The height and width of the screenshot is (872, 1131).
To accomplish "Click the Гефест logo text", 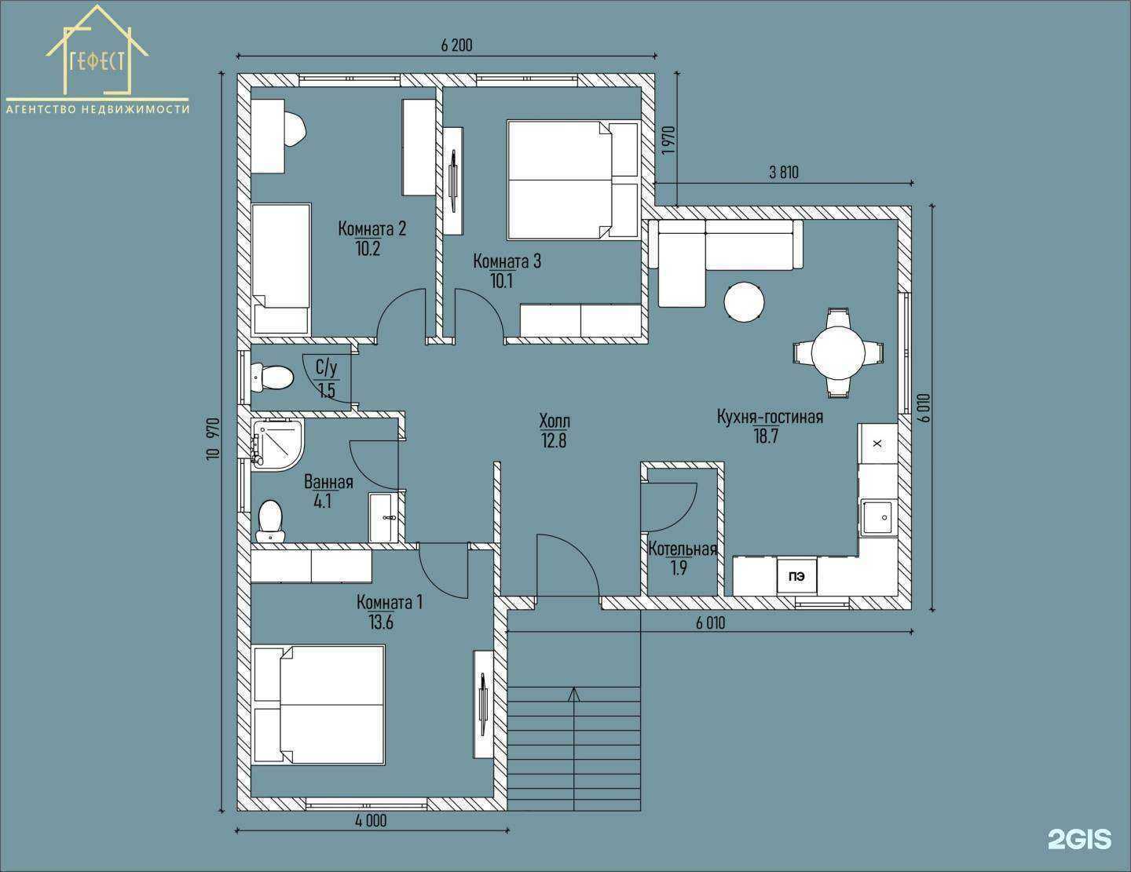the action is pyautogui.click(x=97, y=62).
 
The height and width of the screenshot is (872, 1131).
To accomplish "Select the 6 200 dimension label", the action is pyautogui.click(x=456, y=46).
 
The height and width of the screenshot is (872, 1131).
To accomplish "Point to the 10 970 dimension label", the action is pyautogui.click(x=214, y=438).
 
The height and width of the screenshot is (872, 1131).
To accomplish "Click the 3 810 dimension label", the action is pyautogui.click(x=783, y=172).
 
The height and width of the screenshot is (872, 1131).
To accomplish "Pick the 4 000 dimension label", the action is pyautogui.click(x=371, y=820).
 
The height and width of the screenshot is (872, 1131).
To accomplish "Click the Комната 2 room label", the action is pyautogui.click(x=372, y=228).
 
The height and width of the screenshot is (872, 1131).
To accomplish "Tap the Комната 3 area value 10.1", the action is pyautogui.click(x=502, y=281).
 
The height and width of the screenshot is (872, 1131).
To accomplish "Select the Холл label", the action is pyautogui.click(x=555, y=421).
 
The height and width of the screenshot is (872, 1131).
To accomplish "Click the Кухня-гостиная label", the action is pyautogui.click(x=770, y=417).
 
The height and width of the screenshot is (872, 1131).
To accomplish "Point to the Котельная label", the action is pyautogui.click(x=683, y=549).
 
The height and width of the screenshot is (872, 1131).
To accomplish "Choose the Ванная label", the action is pyautogui.click(x=328, y=482).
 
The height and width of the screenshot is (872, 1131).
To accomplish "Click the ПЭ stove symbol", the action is pyautogui.click(x=796, y=576).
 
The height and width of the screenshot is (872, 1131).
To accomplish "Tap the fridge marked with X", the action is pyautogui.click(x=877, y=443).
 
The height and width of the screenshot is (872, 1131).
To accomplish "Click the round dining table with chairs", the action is pyautogui.click(x=838, y=352).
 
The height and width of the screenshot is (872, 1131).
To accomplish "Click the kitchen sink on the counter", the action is pyautogui.click(x=878, y=517).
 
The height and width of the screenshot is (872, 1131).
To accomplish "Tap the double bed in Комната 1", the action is pyautogui.click(x=319, y=705).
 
